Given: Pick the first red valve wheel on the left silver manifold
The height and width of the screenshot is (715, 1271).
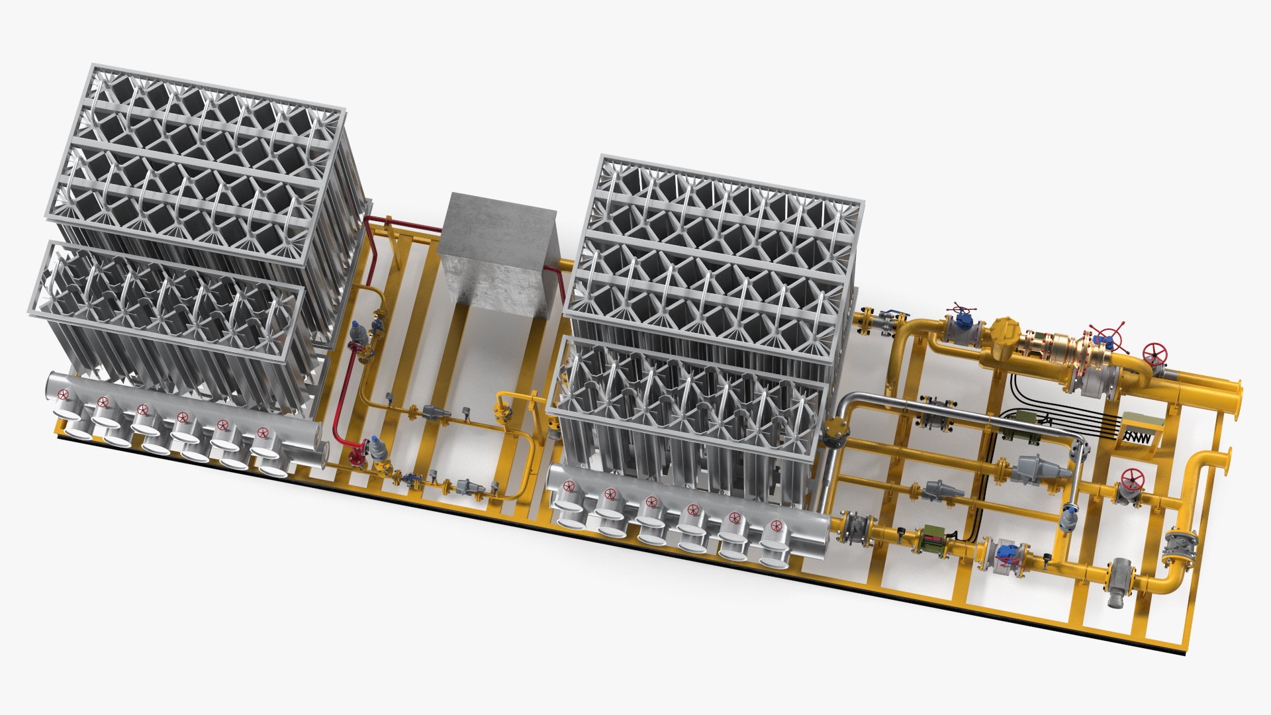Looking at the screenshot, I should tap(64, 395).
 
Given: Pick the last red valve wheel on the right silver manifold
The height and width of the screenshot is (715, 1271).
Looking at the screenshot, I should tap(775, 526).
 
